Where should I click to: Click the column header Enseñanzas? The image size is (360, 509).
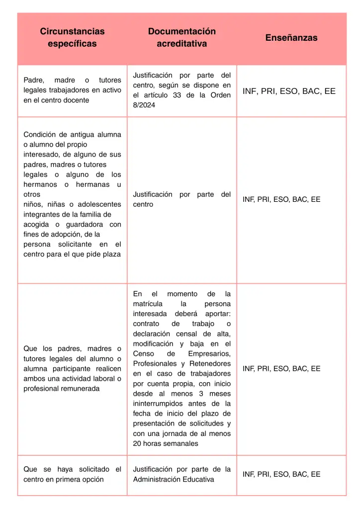291,38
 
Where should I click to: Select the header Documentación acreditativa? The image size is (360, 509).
181,38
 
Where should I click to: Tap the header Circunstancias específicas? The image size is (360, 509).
72,38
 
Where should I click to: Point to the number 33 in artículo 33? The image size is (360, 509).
177,95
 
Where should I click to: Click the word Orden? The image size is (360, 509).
221,95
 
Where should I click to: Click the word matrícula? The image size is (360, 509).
146,304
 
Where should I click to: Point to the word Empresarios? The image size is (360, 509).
209,353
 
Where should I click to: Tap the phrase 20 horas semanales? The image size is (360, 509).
165,443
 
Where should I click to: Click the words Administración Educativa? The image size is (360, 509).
174,479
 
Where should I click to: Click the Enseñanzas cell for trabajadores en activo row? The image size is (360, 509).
289,91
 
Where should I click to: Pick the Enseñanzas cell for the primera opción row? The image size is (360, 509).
281,474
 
